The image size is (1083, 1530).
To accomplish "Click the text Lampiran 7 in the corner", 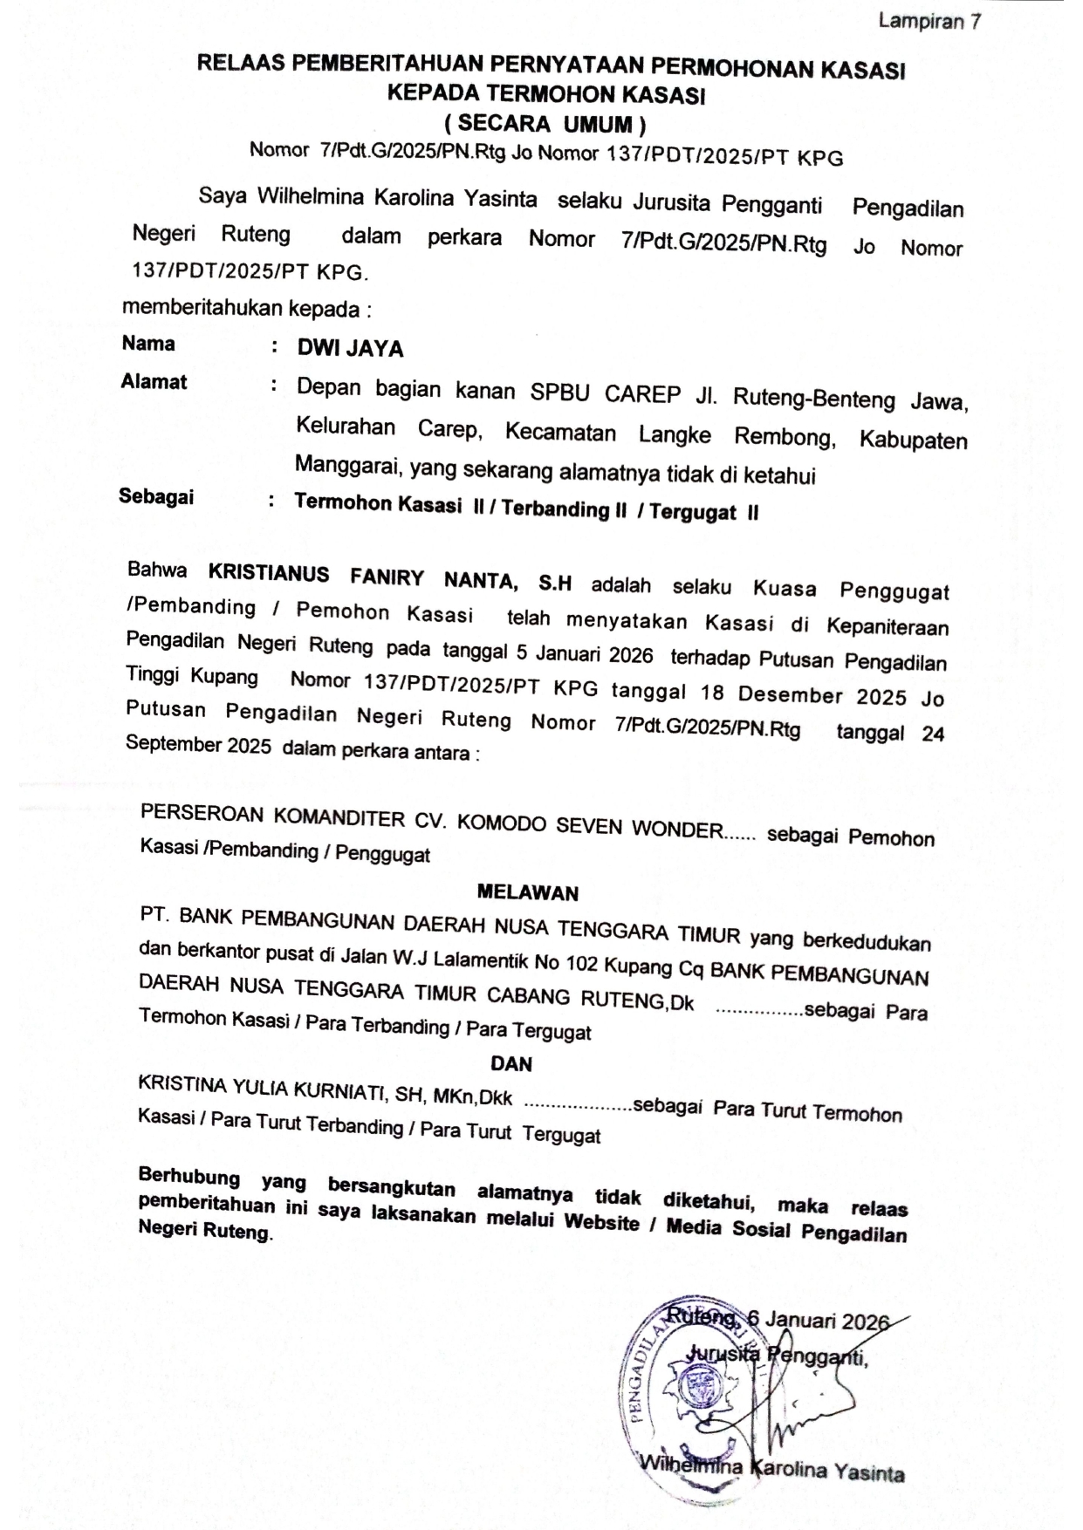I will click(929, 21).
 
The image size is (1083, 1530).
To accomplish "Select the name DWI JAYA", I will click(350, 349).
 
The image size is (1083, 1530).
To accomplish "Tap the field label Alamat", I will click(154, 381).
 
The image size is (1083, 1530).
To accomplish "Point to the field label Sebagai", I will click(156, 496).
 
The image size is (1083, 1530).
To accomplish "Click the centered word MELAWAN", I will click(528, 892).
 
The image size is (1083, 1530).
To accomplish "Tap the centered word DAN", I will click(511, 1063).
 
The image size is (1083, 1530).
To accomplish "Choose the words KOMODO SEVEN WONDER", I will click(590, 826).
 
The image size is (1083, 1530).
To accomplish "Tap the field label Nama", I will click(148, 343).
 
